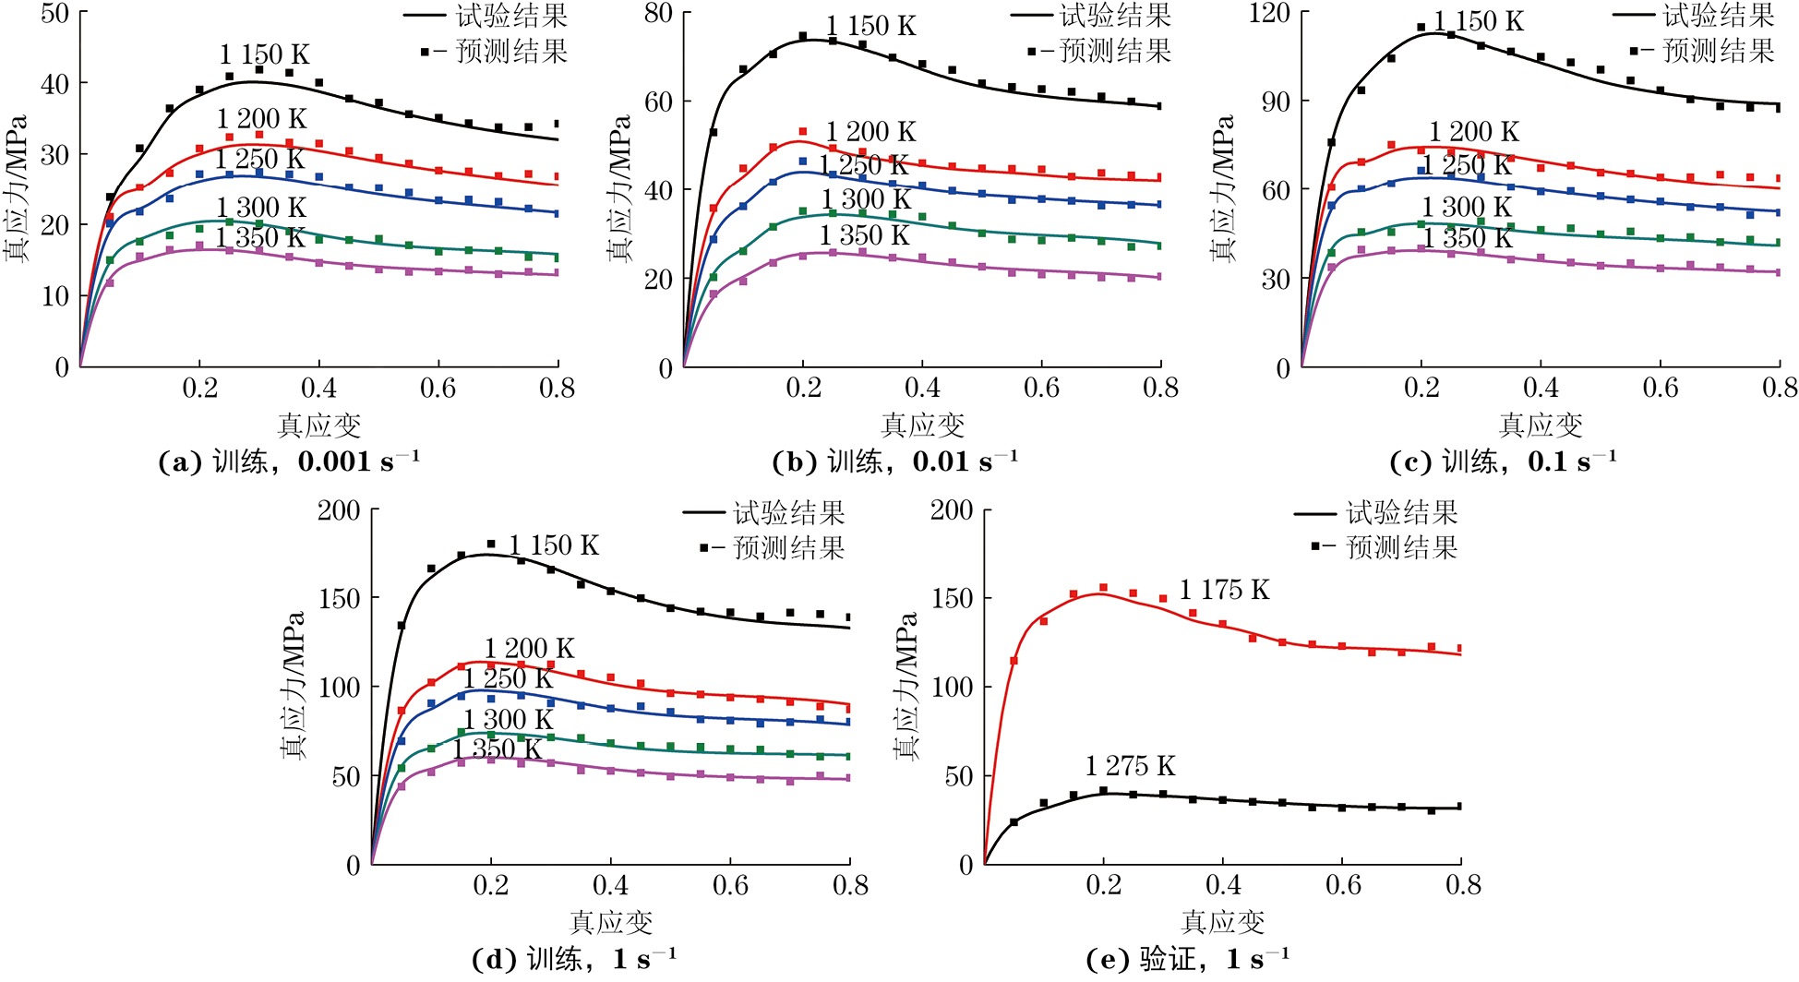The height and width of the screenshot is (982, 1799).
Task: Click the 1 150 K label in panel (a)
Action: [x=264, y=54]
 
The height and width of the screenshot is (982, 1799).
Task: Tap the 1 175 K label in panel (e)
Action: [x=1224, y=590]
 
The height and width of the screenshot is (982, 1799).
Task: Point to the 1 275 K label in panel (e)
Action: [x=1130, y=766]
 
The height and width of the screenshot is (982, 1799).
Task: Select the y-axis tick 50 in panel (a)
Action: [x=54, y=13]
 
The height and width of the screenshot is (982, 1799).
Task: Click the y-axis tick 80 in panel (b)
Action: [x=658, y=13]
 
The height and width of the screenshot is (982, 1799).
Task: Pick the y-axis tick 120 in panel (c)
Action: [x=1269, y=13]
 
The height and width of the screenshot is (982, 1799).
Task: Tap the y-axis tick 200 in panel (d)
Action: [x=339, y=510]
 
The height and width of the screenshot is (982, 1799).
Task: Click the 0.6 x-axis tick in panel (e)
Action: [x=1343, y=886]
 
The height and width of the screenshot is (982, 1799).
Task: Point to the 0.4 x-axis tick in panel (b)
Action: [x=922, y=389]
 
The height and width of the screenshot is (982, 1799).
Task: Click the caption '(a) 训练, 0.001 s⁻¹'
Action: [x=289, y=461]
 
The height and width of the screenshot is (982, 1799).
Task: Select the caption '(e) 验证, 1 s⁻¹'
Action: [x=1188, y=960]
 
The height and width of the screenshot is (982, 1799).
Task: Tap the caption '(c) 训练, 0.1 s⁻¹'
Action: [x=1503, y=461]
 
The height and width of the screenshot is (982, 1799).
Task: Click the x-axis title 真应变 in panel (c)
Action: [x=1541, y=425]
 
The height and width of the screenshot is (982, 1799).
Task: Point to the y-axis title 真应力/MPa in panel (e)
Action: [x=906, y=686]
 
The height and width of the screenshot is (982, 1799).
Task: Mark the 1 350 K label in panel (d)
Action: [x=497, y=748]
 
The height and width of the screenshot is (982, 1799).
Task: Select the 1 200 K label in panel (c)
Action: [x=1473, y=132]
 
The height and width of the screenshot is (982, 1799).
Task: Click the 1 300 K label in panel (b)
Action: [x=866, y=199]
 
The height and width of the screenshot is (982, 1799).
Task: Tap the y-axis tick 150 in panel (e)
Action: [x=952, y=598]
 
